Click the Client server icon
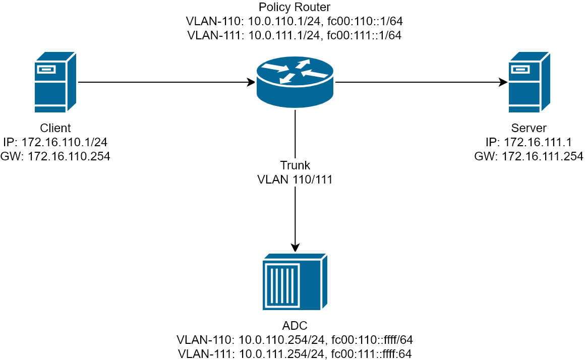55,82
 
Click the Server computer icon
529,82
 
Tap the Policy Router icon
295,82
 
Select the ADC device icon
295,281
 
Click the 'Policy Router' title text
295,7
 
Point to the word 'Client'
55,128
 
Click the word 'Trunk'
295,165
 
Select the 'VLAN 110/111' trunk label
295,179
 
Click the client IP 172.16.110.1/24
64,142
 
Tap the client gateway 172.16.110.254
69,156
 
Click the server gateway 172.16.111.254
542,156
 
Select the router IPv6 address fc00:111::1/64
364,35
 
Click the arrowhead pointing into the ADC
295,248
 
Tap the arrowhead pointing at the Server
503,82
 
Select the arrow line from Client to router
166,82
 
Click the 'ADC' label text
295,325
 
